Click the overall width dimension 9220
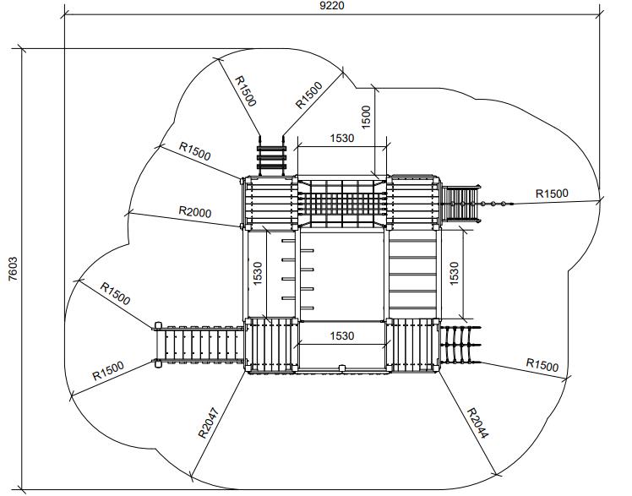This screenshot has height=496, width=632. coord(332,6)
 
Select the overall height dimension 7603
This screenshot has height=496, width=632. coord(13,269)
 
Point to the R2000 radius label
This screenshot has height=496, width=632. coord(195,211)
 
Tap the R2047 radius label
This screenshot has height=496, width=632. coord(210,423)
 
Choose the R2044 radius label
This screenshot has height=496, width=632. coord(477,423)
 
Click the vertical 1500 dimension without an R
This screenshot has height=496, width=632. coord(366,117)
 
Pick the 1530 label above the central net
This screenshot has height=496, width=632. coord(342,139)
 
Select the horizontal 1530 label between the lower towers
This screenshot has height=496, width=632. coord(342,335)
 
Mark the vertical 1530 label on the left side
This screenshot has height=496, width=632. coord(258,274)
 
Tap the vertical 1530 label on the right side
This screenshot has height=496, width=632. coord(454,274)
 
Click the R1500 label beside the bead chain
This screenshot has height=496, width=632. coord(552,193)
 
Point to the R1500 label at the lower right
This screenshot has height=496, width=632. coord(542,365)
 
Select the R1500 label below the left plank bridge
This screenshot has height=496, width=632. coord(108,371)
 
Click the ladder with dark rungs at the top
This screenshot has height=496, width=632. coord(271,156)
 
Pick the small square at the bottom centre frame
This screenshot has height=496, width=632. coord(342,368)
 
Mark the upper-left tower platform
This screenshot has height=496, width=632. coord(270,203)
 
